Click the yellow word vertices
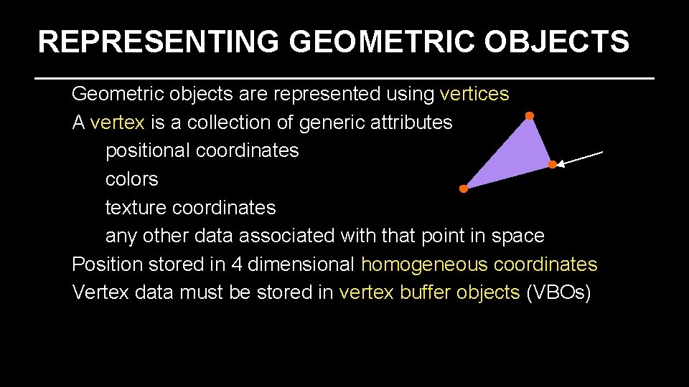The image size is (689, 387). [474, 94]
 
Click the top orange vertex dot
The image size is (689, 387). [529, 115]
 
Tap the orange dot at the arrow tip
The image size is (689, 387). [552, 165]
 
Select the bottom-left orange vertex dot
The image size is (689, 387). [464, 189]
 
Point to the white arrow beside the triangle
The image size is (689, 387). [581, 158]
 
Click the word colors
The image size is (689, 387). [131, 179]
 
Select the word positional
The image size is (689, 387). [147, 151]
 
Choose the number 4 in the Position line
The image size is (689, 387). [237, 264]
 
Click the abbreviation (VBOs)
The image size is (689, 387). [558, 292]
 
